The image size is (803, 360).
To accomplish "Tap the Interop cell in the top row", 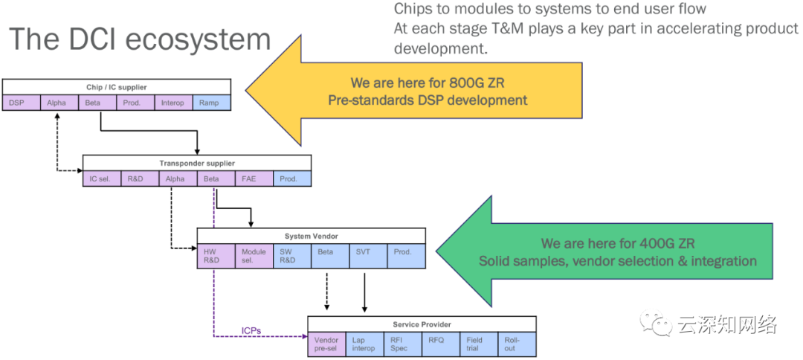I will click(x=173, y=103).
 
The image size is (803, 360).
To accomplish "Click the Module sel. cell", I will click(x=254, y=256).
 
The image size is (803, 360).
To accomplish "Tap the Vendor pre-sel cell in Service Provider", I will click(x=326, y=344).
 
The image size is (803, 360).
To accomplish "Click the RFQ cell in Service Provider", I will click(x=441, y=344).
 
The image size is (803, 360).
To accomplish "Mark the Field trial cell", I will click(x=479, y=344).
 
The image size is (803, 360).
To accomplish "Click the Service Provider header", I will click(x=422, y=324).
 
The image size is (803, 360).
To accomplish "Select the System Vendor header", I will click(x=311, y=237).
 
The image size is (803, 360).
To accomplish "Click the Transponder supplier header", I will click(x=196, y=163).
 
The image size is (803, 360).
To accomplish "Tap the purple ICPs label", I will click(x=251, y=330).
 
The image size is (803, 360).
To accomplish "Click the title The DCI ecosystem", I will click(x=138, y=39).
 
